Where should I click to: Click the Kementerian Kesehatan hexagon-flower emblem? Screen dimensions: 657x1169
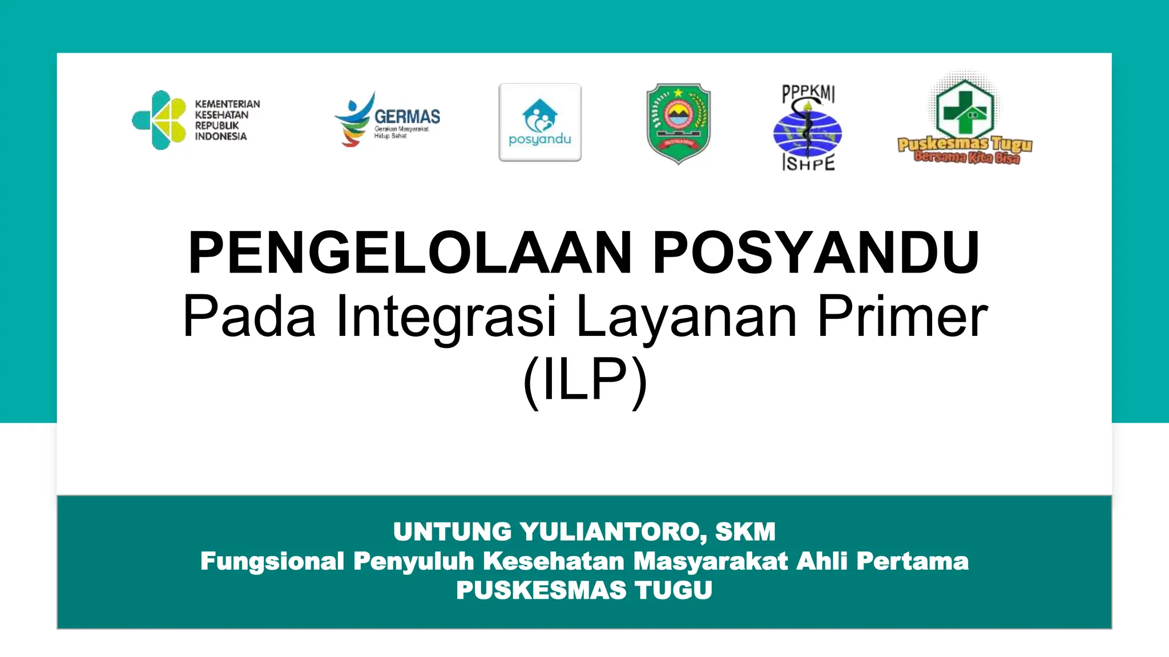click(x=159, y=120)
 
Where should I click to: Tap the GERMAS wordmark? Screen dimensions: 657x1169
click(x=407, y=117)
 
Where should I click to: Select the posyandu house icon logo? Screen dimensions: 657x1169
click(x=539, y=117)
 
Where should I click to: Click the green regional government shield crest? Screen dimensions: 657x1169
click(x=678, y=123)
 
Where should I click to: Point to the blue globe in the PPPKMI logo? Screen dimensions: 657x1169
click(x=807, y=134)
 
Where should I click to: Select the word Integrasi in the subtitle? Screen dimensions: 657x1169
click(x=446, y=317)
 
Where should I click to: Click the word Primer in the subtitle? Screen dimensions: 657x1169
click(x=902, y=317)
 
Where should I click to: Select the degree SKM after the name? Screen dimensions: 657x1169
click(x=745, y=532)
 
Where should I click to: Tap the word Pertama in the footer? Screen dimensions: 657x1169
click(x=912, y=561)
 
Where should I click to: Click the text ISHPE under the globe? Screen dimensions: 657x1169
click(x=808, y=164)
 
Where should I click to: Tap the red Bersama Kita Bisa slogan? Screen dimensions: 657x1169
click(x=966, y=158)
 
